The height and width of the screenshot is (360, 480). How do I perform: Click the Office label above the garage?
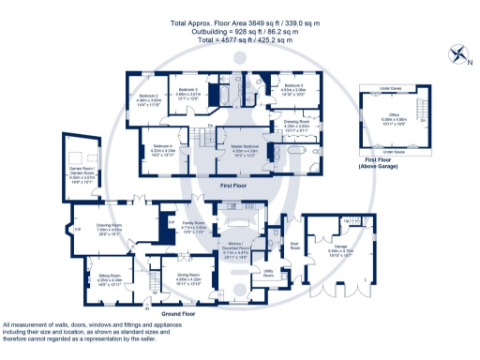pyautogui.click(x=393, y=119)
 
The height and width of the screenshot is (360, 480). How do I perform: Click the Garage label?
pyautogui.click(x=340, y=249)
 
